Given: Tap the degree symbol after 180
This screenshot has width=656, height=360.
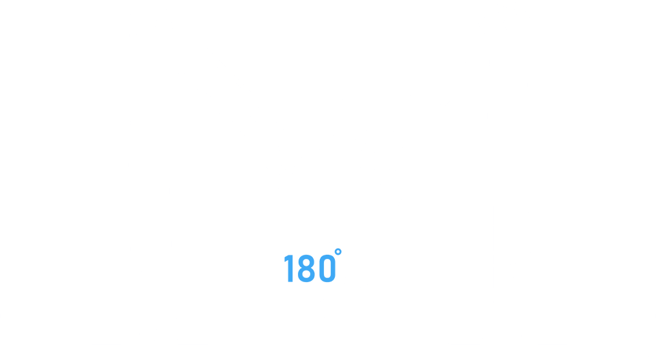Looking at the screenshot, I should (338, 253).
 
